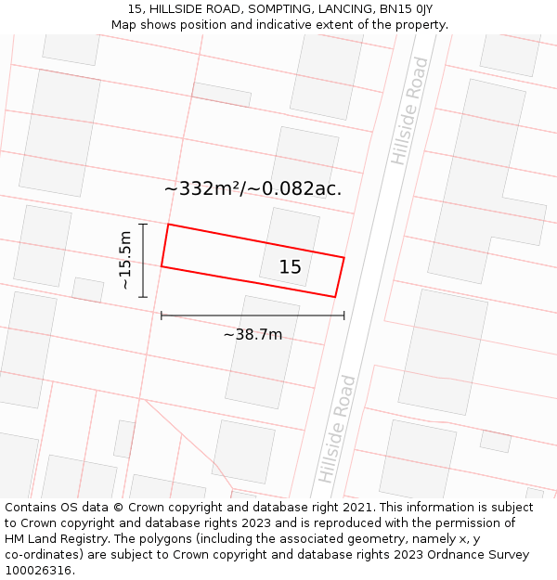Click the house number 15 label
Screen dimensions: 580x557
(291, 267)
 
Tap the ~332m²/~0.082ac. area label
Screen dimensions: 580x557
(253, 188)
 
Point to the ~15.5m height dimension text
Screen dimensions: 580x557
(125, 261)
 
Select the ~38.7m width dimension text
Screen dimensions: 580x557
(253, 334)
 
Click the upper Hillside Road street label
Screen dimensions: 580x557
(410, 111)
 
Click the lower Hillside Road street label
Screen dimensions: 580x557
(337, 428)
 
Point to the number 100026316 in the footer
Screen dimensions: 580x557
(39, 571)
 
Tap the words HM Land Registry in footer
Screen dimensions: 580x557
(57, 539)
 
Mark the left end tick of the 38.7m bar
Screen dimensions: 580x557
(162, 316)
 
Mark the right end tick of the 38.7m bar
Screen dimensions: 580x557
(343, 316)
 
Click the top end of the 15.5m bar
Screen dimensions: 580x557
(143, 225)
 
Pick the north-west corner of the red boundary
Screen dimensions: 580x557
(168, 225)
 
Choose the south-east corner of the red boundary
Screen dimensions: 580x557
(334, 297)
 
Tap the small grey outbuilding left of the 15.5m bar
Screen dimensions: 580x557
(88, 290)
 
